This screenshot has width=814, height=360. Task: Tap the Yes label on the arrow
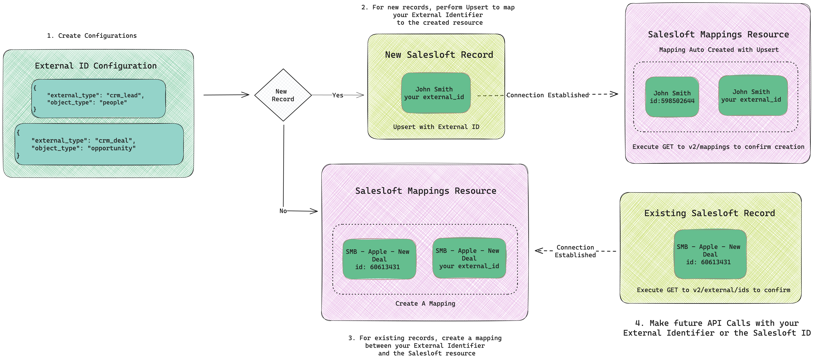pos(338,95)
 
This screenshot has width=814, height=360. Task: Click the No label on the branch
pos(283,211)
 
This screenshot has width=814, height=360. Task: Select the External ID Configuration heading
pos(96,66)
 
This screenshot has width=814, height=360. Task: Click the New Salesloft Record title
pos(439,55)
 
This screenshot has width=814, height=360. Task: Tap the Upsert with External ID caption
pos(436,127)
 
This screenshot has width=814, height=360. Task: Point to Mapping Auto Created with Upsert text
pos(719,50)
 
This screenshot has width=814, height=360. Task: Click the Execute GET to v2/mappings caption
pos(718,147)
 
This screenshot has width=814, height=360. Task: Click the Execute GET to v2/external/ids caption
pos(713,290)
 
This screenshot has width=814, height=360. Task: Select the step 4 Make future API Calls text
pos(717,328)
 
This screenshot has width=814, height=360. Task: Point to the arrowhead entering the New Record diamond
pos(246,95)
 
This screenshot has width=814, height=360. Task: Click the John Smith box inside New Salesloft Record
pos(435,93)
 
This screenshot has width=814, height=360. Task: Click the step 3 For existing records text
pos(425,345)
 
